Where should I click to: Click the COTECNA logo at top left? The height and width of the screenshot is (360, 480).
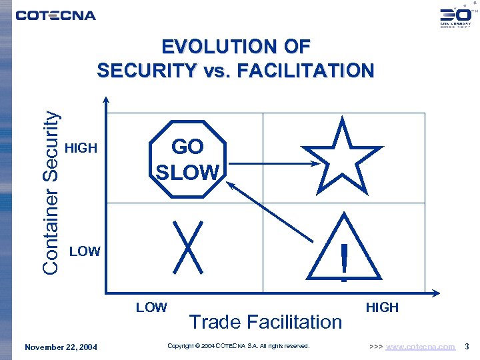pos(56,15)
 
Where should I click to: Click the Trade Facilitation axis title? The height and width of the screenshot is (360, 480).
pos(265,322)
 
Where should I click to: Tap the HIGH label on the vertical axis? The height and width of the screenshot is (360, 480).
pos(82,148)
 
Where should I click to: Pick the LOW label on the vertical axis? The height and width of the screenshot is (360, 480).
pos(85,251)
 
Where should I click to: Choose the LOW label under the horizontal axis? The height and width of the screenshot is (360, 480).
pos(151,307)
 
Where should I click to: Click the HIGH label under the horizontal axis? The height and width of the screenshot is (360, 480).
pos(382,307)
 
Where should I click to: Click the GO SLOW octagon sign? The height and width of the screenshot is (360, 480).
pos(187,160)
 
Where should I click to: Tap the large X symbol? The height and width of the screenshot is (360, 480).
pos(188,247)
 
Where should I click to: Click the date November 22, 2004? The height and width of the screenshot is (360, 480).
pos(61,347)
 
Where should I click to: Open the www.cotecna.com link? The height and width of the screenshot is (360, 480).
pos(421,347)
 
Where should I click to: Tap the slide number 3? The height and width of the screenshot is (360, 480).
pos(467,347)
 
